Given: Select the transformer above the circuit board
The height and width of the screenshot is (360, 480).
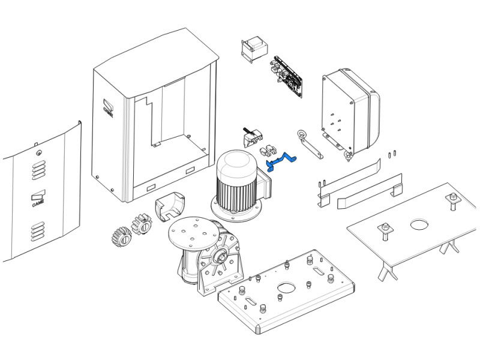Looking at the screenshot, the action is click(x=254, y=50).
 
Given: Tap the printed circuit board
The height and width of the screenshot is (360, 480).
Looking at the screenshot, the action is click(x=287, y=77).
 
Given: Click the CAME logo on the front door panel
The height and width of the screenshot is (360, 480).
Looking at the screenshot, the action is click(x=38, y=199).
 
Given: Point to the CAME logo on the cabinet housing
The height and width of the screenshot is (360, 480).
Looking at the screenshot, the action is click(x=108, y=108).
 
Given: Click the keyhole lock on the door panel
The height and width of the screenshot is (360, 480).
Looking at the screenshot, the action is click(x=39, y=153).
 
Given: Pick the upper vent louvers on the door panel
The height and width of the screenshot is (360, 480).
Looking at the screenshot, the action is click(x=38, y=170).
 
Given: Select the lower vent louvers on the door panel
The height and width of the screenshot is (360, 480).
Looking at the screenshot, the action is click(x=38, y=231).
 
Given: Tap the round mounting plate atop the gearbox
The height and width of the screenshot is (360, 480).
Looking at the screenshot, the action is click(x=194, y=232).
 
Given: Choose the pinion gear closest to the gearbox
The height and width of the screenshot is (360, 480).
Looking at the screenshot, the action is click(x=142, y=224).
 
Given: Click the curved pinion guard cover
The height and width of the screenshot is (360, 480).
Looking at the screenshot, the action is click(x=170, y=206).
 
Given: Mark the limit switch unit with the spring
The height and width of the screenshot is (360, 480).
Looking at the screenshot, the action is click(x=253, y=137).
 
